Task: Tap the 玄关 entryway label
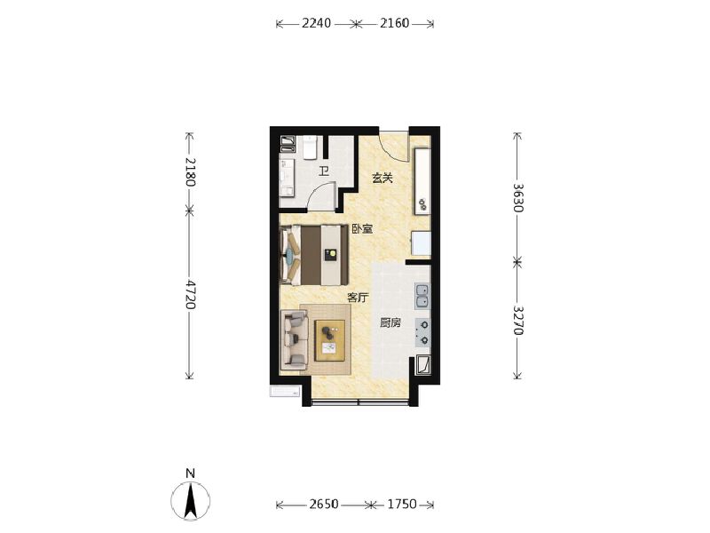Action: (x=382, y=178)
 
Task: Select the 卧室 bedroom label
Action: (x=361, y=229)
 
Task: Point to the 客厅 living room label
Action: (x=357, y=298)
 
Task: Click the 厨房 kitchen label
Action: (x=390, y=322)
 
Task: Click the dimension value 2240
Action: (x=316, y=24)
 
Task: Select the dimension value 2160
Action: (x=394, y=24)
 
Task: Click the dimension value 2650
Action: (x=324, y=505)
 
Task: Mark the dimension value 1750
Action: (x=400, y=505)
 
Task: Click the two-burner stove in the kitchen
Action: (x=422, y=331)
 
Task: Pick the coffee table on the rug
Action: (x=329, y=340)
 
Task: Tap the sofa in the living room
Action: (x=292, y=340)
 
